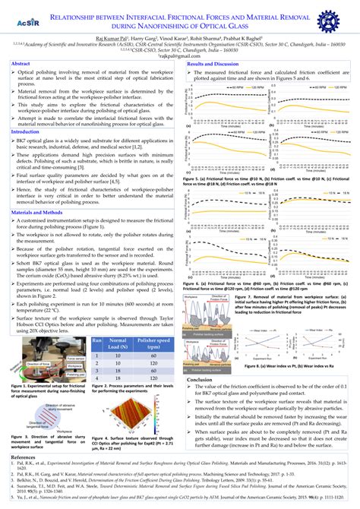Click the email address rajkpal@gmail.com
click(180, 55)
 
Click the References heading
click(23, 459)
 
